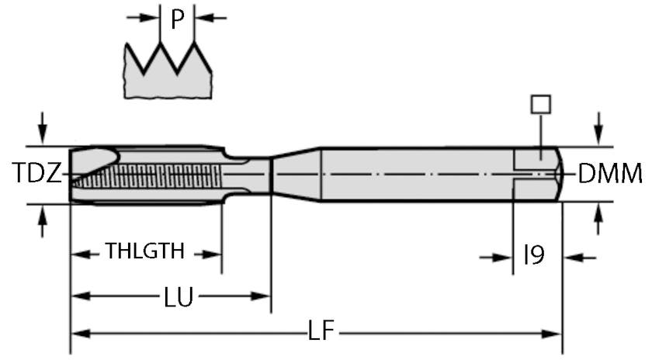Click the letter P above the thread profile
tap(178, 19)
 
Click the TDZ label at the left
tap(36, 174)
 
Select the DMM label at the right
tap(610, 174)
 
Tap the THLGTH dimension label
tap(145, 251)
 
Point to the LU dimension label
tap(179, 296)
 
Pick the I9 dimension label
tap(534, 255)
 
